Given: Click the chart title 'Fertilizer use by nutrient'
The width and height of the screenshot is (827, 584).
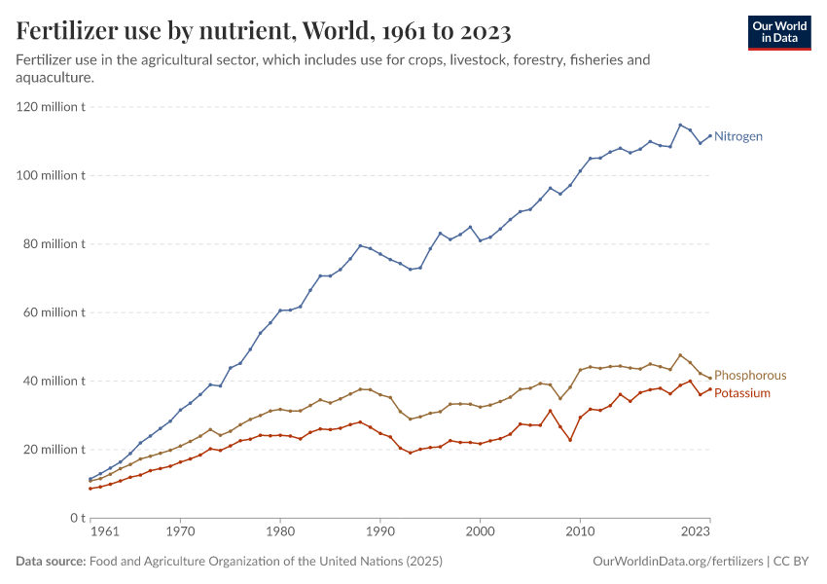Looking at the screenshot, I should coord(264,31).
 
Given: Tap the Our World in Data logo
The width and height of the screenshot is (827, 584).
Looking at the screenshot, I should coord(778,32).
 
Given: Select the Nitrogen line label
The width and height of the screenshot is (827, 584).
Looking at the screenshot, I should coord(738,136).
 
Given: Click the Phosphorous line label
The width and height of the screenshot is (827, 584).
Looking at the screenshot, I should coord(750,375).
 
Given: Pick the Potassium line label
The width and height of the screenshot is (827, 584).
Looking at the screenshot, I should coord(742,393).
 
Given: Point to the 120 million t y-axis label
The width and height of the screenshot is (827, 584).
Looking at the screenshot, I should coord(51,107).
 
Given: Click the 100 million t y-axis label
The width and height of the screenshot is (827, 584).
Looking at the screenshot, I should coord(51,175).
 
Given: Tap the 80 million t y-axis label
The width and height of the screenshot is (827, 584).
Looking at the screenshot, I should coord(54,244).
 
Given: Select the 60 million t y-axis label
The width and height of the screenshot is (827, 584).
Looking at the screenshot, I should coord(54,312).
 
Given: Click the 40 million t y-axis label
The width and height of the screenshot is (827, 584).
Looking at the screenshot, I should coord(54,381).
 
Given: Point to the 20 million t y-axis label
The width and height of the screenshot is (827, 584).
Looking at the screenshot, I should coord(54,450).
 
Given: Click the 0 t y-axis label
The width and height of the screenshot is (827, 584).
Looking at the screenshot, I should coord(76,518).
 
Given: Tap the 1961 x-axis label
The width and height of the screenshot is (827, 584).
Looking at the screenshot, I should coord(105,532).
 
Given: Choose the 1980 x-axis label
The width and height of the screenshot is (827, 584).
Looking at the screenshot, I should coord(280,532).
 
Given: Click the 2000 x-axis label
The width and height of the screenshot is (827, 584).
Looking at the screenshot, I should coord(480,532).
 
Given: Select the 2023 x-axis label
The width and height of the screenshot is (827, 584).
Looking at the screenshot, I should coord(696,532).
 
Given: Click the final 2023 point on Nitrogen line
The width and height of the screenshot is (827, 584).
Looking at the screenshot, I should coord(710,135).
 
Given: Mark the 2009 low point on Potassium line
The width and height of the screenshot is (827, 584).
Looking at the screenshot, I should coord(570,440).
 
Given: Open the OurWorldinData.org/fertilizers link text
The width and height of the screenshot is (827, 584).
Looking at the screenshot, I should coord(677,562).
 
